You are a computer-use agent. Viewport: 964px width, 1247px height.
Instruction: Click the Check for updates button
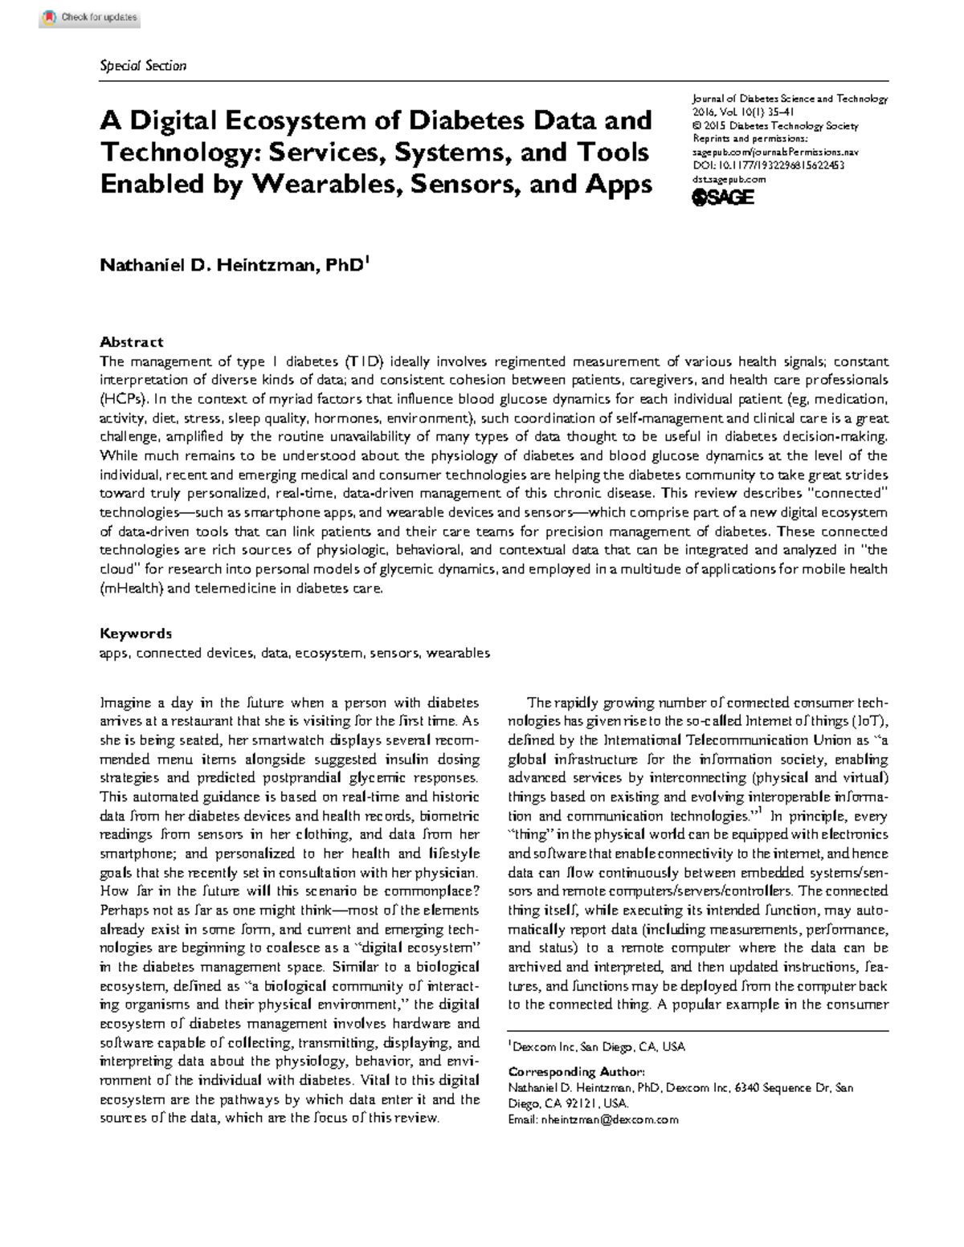pyautogui.click(x=89, y=18)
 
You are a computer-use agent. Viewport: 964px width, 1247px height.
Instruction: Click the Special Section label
pyautogui.click(x=142, y=66)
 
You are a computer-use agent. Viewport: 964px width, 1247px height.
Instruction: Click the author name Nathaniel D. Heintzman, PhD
pyautogui.click(x=233, y=265)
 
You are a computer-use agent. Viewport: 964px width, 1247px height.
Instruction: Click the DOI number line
pyautogui.click(x=768, y=165)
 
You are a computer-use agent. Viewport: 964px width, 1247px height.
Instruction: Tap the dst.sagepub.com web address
pyautogui.click(x=729, y=179)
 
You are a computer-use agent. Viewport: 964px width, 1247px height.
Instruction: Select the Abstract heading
pyautogui.click(x=131, y=341)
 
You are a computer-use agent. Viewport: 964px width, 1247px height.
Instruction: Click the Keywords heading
pyautogui.click(x=135, y=634)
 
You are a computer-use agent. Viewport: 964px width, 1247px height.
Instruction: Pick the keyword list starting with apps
pyautogui.click(x=294, y=653)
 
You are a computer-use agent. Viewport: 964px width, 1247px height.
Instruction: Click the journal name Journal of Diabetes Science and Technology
pyautogui.click(x=789, y=99)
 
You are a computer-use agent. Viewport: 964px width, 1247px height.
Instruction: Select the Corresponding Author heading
pyautogui.click(x=576, y=1071)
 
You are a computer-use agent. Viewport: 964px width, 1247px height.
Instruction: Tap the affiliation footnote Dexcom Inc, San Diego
pyautogui.click(x=597, y=1047)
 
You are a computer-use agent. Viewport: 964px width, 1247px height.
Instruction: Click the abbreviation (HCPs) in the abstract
pyautogui.click(x=124, y=398)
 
